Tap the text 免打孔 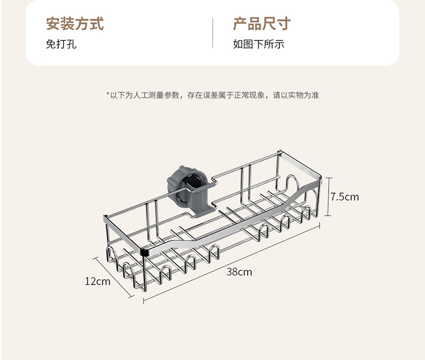(x=61, y=44)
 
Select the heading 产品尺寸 (x=261, y=24)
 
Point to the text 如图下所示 (x=258, y=44)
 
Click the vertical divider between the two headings (x=212, y=33)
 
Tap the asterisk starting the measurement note (x=108, y=95)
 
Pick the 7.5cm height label (x=345, y=197)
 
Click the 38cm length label (x=239, y=272)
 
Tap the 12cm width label (x=97, y=281)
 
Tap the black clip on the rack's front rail (x=145, y=251)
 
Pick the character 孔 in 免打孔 (x=71, y=44)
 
